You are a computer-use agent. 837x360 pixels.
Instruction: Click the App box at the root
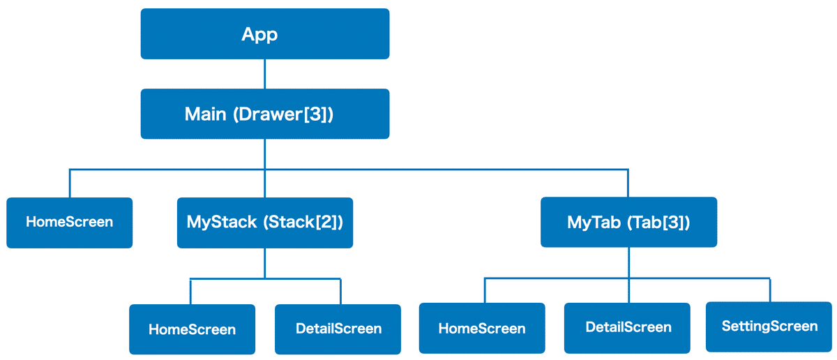click(x=265, y=33)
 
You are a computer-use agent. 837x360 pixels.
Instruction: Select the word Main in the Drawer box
click(x=205, y=114)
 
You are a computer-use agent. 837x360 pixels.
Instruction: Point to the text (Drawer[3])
click(x=283, y=114)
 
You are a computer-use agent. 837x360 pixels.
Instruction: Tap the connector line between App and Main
click(x=265, y=74)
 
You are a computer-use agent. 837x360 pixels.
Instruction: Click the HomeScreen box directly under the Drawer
click(x=70, y=223)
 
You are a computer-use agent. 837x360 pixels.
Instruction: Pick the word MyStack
click(x=222, y=223)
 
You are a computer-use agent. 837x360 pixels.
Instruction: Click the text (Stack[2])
click(x=303, y=223)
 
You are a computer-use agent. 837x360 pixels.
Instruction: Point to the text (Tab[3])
click(x=658, y=223)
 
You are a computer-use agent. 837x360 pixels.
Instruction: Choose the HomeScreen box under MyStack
click(x=192, y=329)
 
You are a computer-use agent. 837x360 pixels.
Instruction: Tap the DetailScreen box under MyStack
click(x=338, y=329)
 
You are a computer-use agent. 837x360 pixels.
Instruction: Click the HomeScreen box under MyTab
click(x=482, y=328)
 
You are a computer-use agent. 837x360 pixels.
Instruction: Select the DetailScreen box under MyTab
click(x=627, y=328)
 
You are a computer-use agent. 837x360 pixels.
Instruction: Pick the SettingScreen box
click(x=769, y=327)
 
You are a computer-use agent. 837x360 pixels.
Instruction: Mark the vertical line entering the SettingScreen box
click(x=770, y=290)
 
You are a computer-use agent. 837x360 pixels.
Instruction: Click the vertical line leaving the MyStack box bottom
click(x=265, y=264)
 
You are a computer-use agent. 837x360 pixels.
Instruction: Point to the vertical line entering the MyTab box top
click(x=628, y=183)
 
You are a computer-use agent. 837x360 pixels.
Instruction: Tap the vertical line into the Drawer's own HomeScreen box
click(x=70, y=183)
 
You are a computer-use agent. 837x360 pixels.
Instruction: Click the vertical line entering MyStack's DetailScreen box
click(x=340, y=292)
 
